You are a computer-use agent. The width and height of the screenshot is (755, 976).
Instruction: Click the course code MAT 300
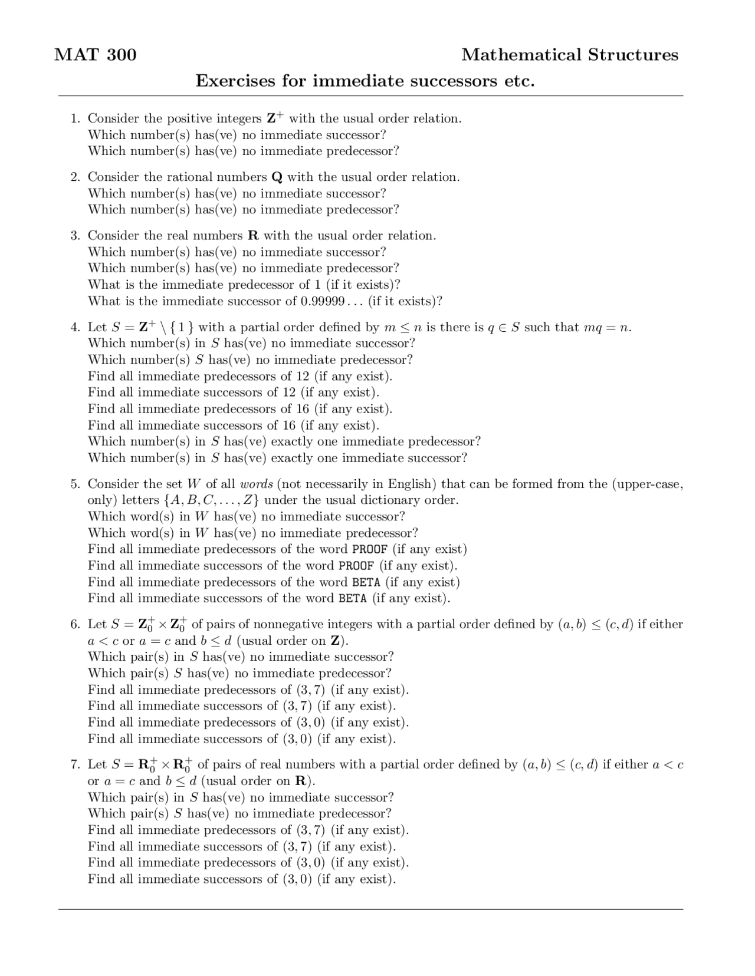(x=95, y=55)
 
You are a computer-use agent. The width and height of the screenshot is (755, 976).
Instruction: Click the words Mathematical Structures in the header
(x=570, y=55)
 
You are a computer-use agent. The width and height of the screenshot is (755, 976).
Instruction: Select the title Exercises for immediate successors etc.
(x=365, y=80)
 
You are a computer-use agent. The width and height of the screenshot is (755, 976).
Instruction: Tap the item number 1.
(x=75, y=118)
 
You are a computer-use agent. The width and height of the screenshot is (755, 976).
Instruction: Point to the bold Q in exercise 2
(x=277, y=177)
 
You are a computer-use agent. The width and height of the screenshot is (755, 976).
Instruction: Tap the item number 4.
(x=75, y=327)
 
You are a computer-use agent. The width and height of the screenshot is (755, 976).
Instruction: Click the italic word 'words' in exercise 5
(x=256, y=484)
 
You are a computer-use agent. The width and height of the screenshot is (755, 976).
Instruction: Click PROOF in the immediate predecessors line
(x=370, y=549)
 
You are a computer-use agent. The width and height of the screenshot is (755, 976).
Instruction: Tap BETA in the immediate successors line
(x=353, y=599)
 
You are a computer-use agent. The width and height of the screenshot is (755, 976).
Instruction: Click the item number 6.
(x=75, y=624)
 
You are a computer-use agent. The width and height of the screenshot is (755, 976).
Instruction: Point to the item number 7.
(x=75, y=764)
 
